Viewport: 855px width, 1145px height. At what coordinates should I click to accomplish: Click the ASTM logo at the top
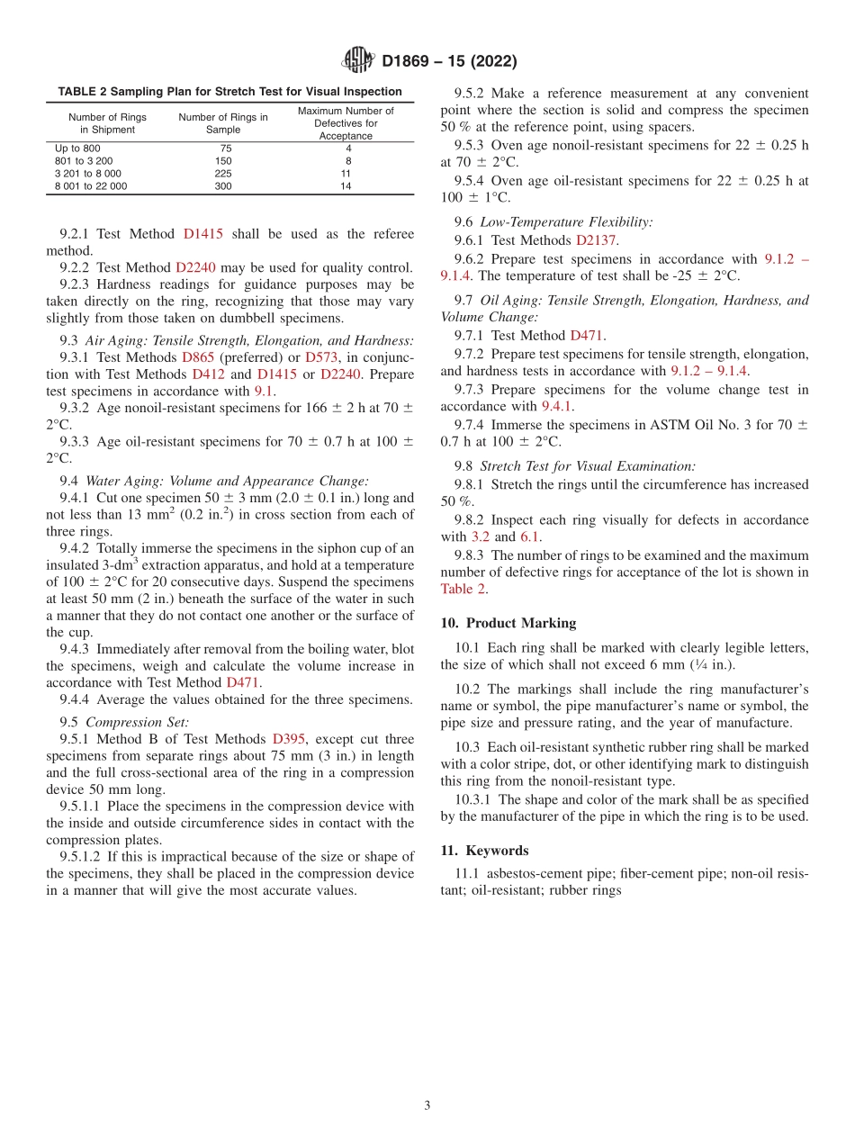pos(358,61)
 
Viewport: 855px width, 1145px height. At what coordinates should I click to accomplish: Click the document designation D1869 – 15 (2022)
pos(449,62)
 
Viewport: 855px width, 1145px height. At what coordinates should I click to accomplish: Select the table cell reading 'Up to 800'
pos(78,148)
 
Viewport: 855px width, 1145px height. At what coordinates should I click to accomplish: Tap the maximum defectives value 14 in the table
pos(346,186)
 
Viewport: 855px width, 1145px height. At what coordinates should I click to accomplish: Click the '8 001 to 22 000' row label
pos(91,186)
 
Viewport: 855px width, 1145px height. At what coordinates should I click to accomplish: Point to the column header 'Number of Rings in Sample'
pos(223,123)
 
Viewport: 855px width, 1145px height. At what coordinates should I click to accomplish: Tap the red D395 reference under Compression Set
pos(290,739)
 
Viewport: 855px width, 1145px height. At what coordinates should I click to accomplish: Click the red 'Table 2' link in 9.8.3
pos(463,590)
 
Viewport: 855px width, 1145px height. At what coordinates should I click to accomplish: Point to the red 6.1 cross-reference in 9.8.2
pos(530,537)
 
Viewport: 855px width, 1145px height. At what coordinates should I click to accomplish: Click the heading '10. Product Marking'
pos(508,623)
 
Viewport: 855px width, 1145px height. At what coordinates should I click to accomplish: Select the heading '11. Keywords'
pos(484,851)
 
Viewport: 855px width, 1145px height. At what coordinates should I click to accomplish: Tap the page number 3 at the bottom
pos(427,1105)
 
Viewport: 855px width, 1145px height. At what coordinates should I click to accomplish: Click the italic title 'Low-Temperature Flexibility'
pos(566,221)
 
